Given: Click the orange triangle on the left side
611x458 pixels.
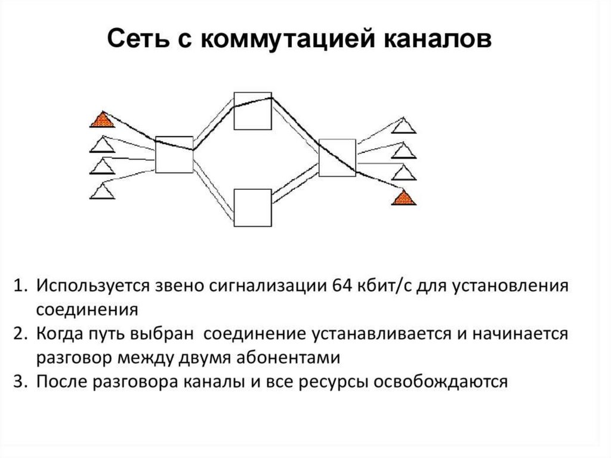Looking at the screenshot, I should point(102,120).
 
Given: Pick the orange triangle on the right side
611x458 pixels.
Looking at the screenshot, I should point(403,198).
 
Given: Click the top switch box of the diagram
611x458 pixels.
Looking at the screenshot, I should point(252,110).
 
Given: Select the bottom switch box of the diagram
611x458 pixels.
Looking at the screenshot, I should point(252,208).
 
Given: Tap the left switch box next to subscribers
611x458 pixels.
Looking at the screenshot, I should point(174,155).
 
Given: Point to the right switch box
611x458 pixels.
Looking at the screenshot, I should point(337,158).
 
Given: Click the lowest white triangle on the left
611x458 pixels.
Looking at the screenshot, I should point(102,191).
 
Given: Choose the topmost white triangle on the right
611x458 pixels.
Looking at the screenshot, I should point(405,125).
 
